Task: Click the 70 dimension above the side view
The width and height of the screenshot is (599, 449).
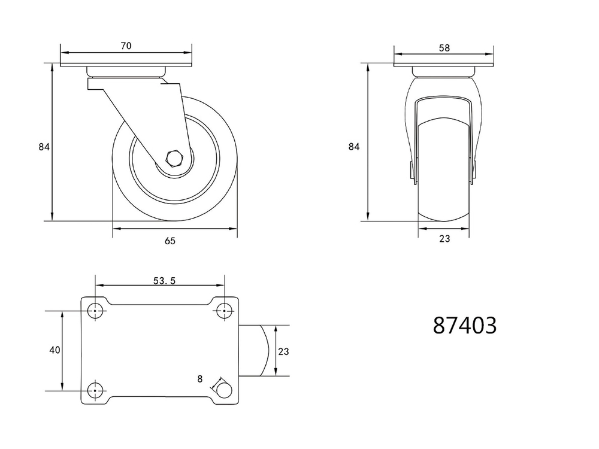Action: point(126,46)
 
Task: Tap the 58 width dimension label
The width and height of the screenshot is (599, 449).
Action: point(444,48)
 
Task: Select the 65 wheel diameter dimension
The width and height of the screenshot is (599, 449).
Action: point(170,241)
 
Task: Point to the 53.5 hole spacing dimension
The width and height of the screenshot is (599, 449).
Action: point(164,281)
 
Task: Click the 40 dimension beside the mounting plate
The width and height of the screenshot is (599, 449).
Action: point(55,350)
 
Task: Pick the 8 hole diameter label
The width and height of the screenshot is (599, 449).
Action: point(200,379)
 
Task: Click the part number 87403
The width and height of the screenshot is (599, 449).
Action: point(465,326)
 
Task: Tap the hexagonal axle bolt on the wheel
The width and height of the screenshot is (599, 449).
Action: point(175,158)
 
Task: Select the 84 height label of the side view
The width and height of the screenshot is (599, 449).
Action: point(44,147)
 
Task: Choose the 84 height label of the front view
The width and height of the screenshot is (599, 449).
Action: point(354,147)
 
